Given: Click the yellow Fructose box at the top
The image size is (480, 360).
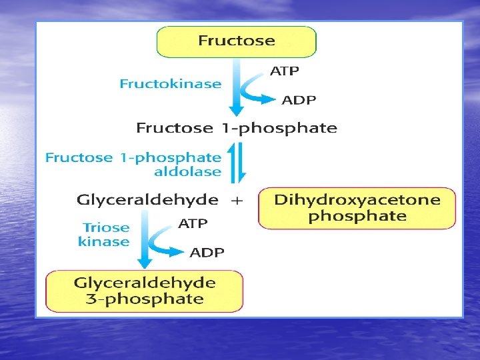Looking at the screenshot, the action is coord(236,41).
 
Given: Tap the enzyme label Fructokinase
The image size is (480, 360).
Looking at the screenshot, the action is coord(170,84).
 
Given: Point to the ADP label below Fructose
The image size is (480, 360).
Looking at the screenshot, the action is coord(299,101).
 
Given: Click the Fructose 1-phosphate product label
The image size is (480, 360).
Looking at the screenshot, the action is coord(237,127).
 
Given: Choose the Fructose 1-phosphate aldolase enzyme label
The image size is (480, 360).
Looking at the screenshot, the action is coord(133,164).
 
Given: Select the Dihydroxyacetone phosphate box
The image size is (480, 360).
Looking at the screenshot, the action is coord(357,208).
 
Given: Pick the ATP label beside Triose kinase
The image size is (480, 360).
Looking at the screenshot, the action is coord(193,223).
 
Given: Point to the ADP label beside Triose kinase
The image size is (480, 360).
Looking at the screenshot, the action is coord(207,252).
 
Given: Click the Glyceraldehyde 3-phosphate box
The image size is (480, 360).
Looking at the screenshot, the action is coord(144,291).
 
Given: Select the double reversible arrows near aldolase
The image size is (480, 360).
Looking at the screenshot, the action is coord(237,164).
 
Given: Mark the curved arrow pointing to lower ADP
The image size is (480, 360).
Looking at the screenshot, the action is coord(165,241).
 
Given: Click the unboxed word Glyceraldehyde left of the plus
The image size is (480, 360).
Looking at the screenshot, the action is coord(147,199).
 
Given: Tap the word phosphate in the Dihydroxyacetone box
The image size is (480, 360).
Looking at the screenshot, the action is coord(357,216).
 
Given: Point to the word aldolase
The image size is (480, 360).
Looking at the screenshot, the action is coord(187,171).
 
